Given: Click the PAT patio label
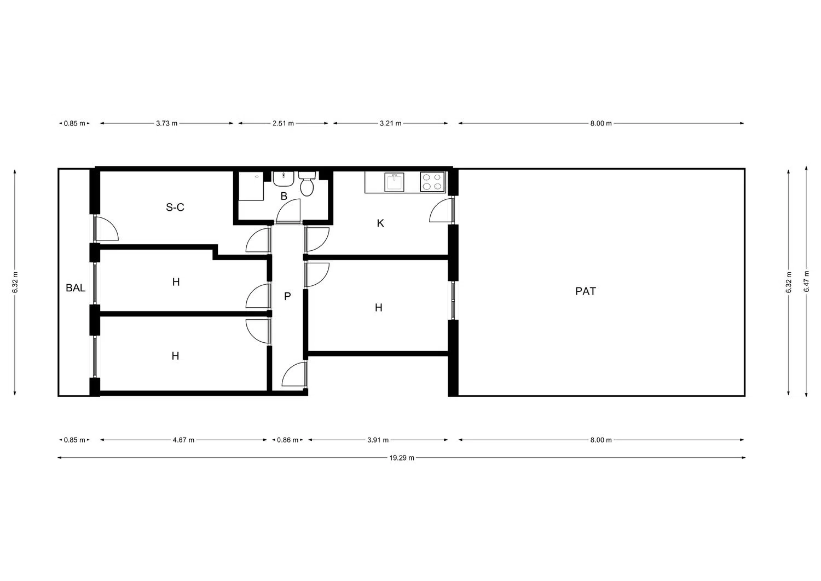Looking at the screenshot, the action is tap(585, 291).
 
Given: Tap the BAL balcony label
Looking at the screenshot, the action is tap(76, 288).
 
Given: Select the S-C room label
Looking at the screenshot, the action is tap(175, 207).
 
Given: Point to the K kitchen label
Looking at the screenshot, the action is tap(380, 223).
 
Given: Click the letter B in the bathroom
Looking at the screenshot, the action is tap(284, 196).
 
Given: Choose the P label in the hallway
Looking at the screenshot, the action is tap(287, 296).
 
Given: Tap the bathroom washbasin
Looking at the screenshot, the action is tap(284, 179).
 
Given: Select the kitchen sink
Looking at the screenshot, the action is tap(394, 182).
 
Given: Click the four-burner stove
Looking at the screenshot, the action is tap(432, 182).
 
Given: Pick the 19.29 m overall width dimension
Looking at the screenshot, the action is tap(402, 458).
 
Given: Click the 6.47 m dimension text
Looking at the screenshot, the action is tap(806, 281).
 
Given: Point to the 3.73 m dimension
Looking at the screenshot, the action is tap(167, 123).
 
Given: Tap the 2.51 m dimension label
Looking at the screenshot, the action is tap(283, 123).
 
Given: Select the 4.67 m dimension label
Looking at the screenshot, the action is tap(183, 440).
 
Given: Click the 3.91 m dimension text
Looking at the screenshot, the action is tap(378, 440).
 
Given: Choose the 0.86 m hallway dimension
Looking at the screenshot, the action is tap(288, 440).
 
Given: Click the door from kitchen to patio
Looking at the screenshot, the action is tap(442, 210).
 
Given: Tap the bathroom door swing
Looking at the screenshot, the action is tap(288, 211).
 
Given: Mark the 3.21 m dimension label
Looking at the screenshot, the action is tap(390, 123).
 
